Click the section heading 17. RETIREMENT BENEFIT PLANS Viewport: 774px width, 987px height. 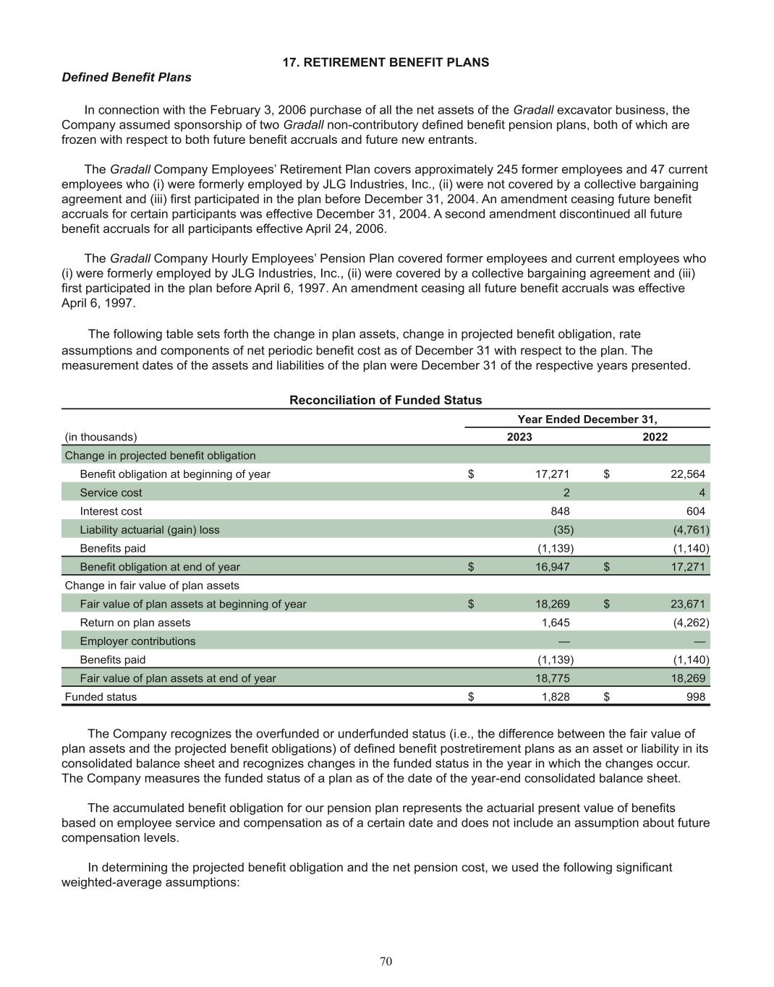click(386, 62)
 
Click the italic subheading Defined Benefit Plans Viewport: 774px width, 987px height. click(127, 77)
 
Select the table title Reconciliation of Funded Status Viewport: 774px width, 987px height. click(386, 400)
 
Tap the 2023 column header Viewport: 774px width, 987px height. click(519, 437)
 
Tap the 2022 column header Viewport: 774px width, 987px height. click(655, 437)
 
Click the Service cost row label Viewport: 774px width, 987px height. click(111, 492)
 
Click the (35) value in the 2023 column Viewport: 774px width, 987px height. click(564, 529)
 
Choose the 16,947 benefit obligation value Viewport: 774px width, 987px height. click(552, 567)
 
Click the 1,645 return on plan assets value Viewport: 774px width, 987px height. click(556, 623)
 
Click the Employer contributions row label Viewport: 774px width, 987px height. click(137, 641)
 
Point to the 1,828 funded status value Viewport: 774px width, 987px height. click(556, 697)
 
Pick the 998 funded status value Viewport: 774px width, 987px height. click(695, 697)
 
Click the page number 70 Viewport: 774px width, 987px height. click(386, 961)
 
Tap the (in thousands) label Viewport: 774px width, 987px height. click(101, 437)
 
